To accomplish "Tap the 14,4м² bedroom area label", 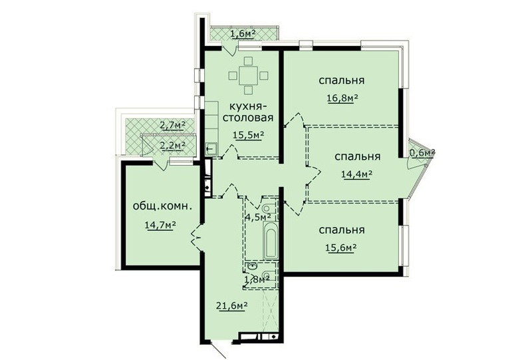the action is [x=357, y=174].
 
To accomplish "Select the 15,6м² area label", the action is [x=340, y=248].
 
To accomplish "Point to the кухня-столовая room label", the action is [x=247, y=112].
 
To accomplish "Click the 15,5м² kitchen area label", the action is [x=248, y=134].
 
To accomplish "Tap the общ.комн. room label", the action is [x=162, y=206].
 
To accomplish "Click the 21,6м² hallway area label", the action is [x=231, y=306].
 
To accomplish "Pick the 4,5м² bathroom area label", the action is [x=258, y=216].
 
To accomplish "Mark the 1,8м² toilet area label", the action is [x=257, y=279].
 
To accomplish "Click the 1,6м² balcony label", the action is [x=243, y=34].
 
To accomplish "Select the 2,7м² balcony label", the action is [x=172, y=125].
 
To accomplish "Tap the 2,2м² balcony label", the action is [x=173, y=144].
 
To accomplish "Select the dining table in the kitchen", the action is [x=248, y=75].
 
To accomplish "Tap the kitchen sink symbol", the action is [x=211, y=149].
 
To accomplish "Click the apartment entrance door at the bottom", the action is [x=218, y=349].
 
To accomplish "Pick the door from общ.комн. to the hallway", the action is [x=196, y=238].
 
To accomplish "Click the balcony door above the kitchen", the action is [x=229, y=47].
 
